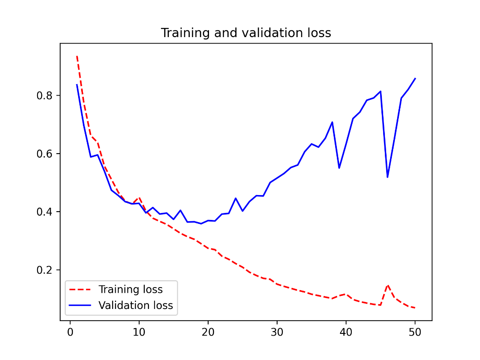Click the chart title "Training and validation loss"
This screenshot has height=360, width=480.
246,33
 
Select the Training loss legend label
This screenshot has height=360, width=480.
130,289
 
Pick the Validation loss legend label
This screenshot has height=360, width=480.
136,305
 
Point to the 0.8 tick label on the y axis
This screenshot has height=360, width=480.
45,96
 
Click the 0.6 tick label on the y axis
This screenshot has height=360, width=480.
45,154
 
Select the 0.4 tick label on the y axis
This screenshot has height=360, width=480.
45,212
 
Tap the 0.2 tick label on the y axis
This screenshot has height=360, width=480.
45,270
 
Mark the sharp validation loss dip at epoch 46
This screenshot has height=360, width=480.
387,177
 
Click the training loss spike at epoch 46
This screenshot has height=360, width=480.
387,285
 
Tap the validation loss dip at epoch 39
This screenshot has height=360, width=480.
339,168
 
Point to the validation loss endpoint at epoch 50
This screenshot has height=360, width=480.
415,79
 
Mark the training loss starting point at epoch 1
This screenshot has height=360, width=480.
77,56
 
